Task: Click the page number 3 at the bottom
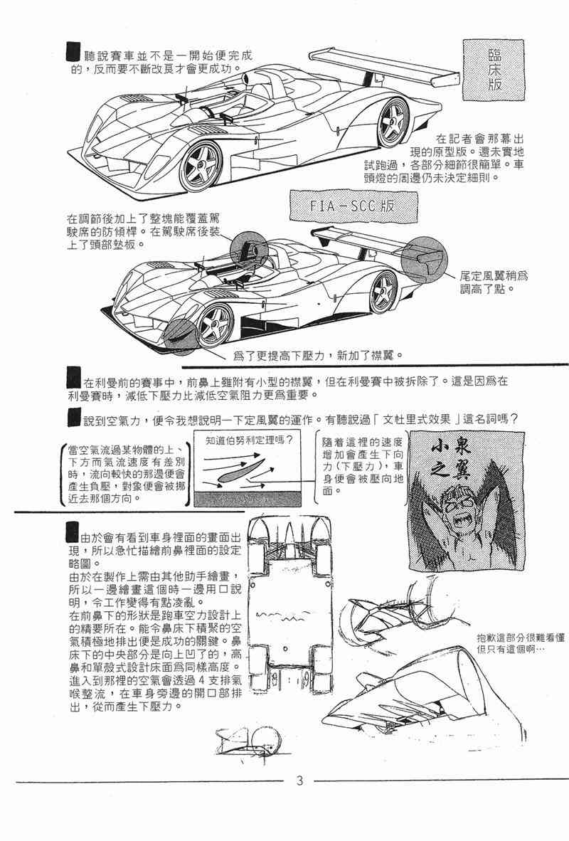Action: click(x=299, y=782)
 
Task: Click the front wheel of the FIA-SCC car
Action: click(x=215, y=324)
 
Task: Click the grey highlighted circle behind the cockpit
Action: click(x=248, y=250)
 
